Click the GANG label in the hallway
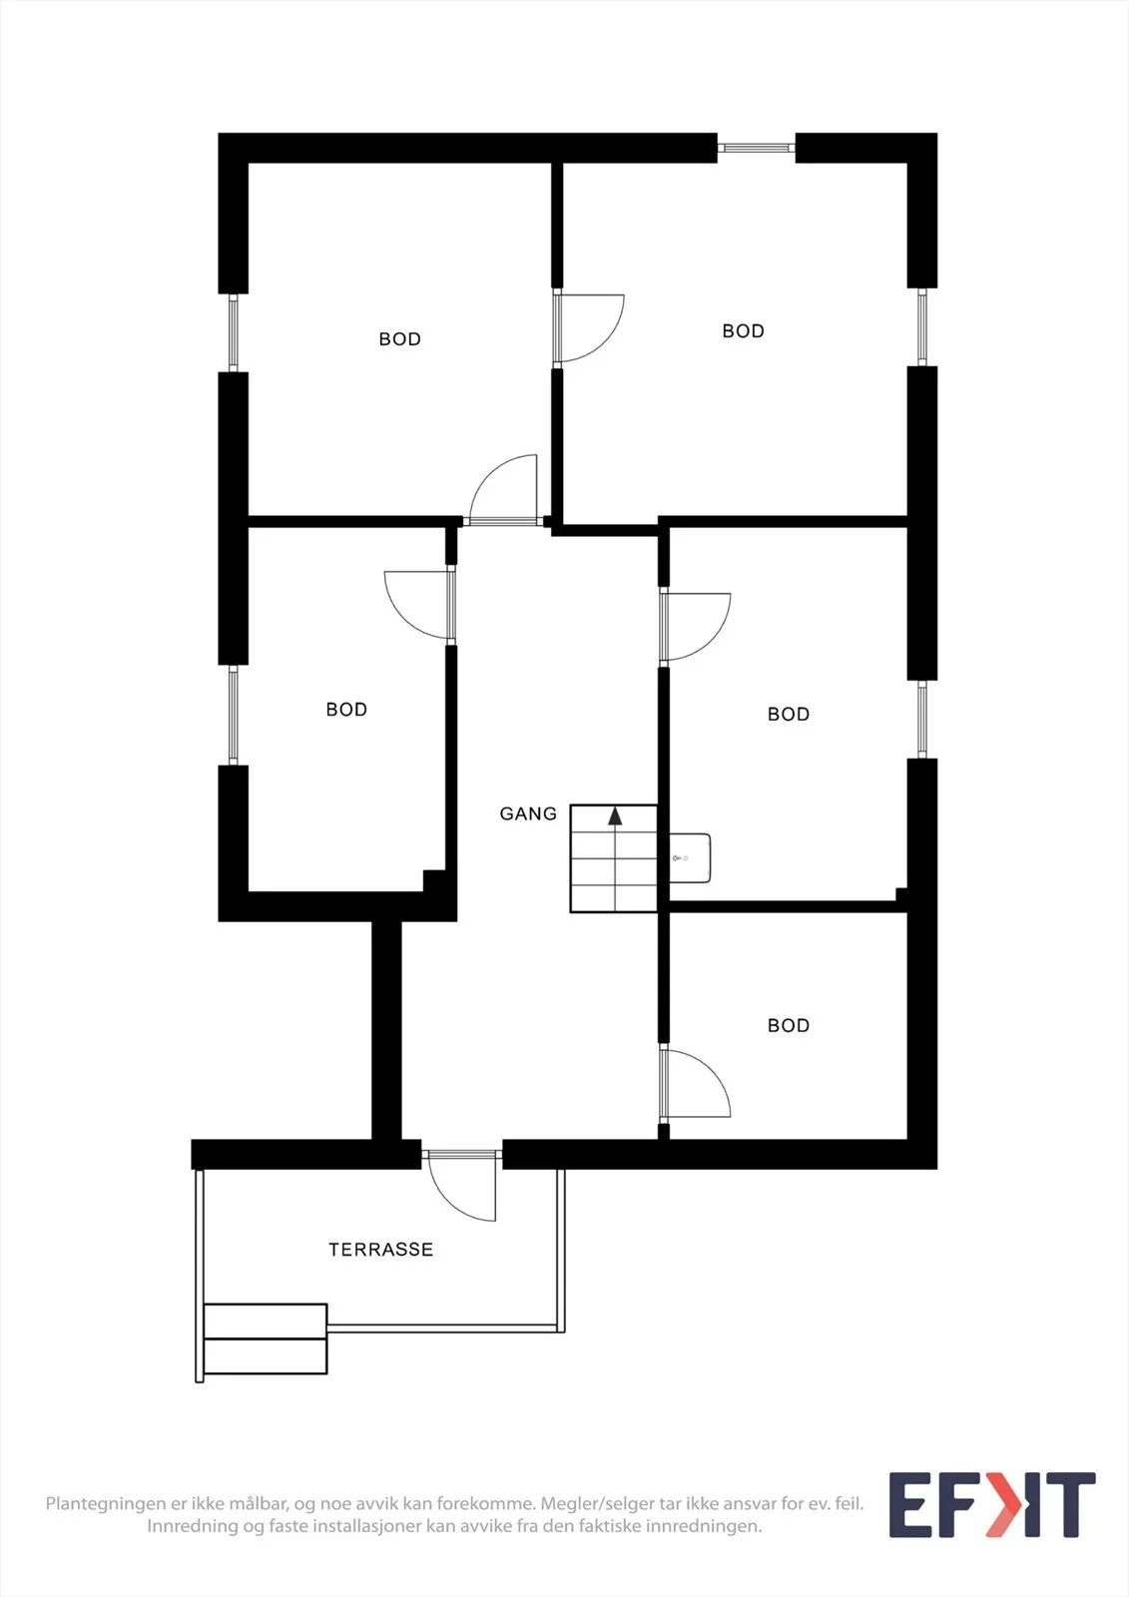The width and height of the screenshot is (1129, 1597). pyautogui.click(x=528, y=813)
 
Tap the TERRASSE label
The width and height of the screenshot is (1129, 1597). pyautogui.click(x=381, y=1249)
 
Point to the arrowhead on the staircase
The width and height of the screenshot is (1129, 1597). pyautogui.click(x=615, y=816)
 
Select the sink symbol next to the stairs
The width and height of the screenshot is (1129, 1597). pyautogui.click(x=690, y=858)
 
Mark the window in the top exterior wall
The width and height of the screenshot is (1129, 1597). pyautogui.click(x=756, y=148)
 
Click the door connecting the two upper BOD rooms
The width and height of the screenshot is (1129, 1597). pyautogui.click(x=588, y=328)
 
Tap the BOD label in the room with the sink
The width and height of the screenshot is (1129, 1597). pyautogui.click(x=788, y=714)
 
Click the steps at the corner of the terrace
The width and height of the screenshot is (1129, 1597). pyautogui.click(x=266, y=1338)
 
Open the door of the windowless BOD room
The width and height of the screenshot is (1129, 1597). pyautogui.click(x=695, y=1084)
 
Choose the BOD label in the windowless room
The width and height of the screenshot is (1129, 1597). pyautogui.click(x=788, y=1025)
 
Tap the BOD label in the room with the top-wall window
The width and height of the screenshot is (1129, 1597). pyautogui.click(x=743, y=330)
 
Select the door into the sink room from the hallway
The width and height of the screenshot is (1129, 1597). pyautogui.click(x=695, y=627)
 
